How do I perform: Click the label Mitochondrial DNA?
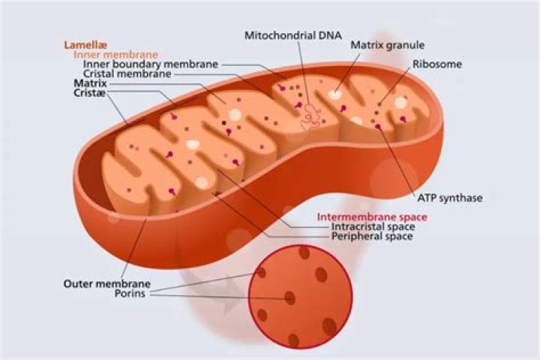pyautogui.click(x=293, y=35)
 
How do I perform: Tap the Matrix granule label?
pyautogui.click(x=388, y=45)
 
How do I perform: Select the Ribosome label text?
pyautogui.click(x=437, y=64)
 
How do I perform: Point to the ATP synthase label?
pyautogui.click(x=450, y=198)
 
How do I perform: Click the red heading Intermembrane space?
pyautogui.click(x=372, y=217)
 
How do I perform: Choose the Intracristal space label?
pyautogui.click(x=373, y=226)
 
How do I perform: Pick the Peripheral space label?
pyautogui.click(x=372, y=236)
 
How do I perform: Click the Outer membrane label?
pyautogui.click(x=107, y=283)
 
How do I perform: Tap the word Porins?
pyautogui.click(x=130, y=293)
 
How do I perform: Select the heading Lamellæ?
pyautogui.click(x=85, y=45)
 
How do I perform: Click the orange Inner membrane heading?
pyautogui.click(x=115, y=55)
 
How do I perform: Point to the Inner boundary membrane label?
pyautogui.click(x=151, y=64)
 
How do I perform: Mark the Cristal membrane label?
pyautogui.click(x=127, y=73)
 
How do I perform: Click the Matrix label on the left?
pyautogui.click(x=90, y=83)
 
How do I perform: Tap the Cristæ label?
pyautogui.click(x=89, y=93)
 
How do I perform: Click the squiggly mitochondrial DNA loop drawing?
pyautogui.click(x=310, y=118)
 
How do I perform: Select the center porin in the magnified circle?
pyautogui.click(x=289, y=298)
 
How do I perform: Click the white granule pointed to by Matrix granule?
pyautogui.click(x=334, y=94)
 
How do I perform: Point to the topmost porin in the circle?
pyautogui.click(x=304, y=253)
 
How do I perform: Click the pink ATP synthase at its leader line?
pyautogui.click(x=379, y=127)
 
